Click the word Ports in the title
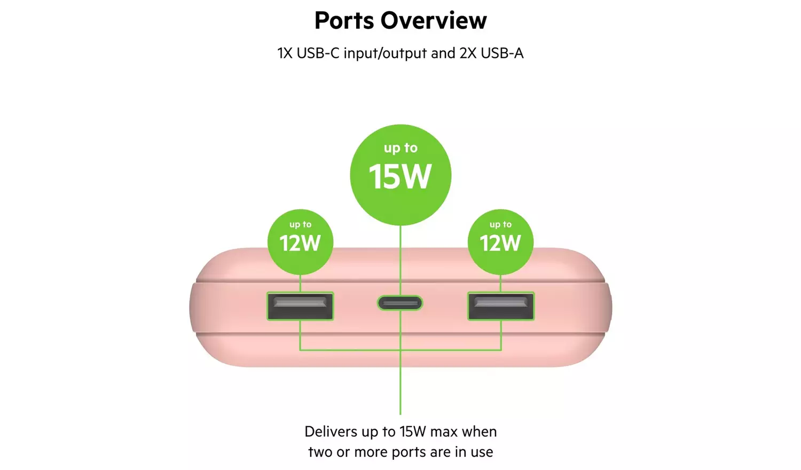(344, 21)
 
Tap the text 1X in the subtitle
(285, 53)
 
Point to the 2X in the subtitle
(468, 53)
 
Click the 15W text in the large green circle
(400, 177)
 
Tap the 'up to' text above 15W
(400, 148)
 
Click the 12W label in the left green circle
(300, 244)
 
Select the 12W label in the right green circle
(500, 244)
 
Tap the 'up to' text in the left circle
(300, 224)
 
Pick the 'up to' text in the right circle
(500, 224)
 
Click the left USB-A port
(300, 306)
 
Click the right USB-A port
(501, 306)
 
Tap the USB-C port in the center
(400, 303)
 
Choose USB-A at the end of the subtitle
(502, 53)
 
